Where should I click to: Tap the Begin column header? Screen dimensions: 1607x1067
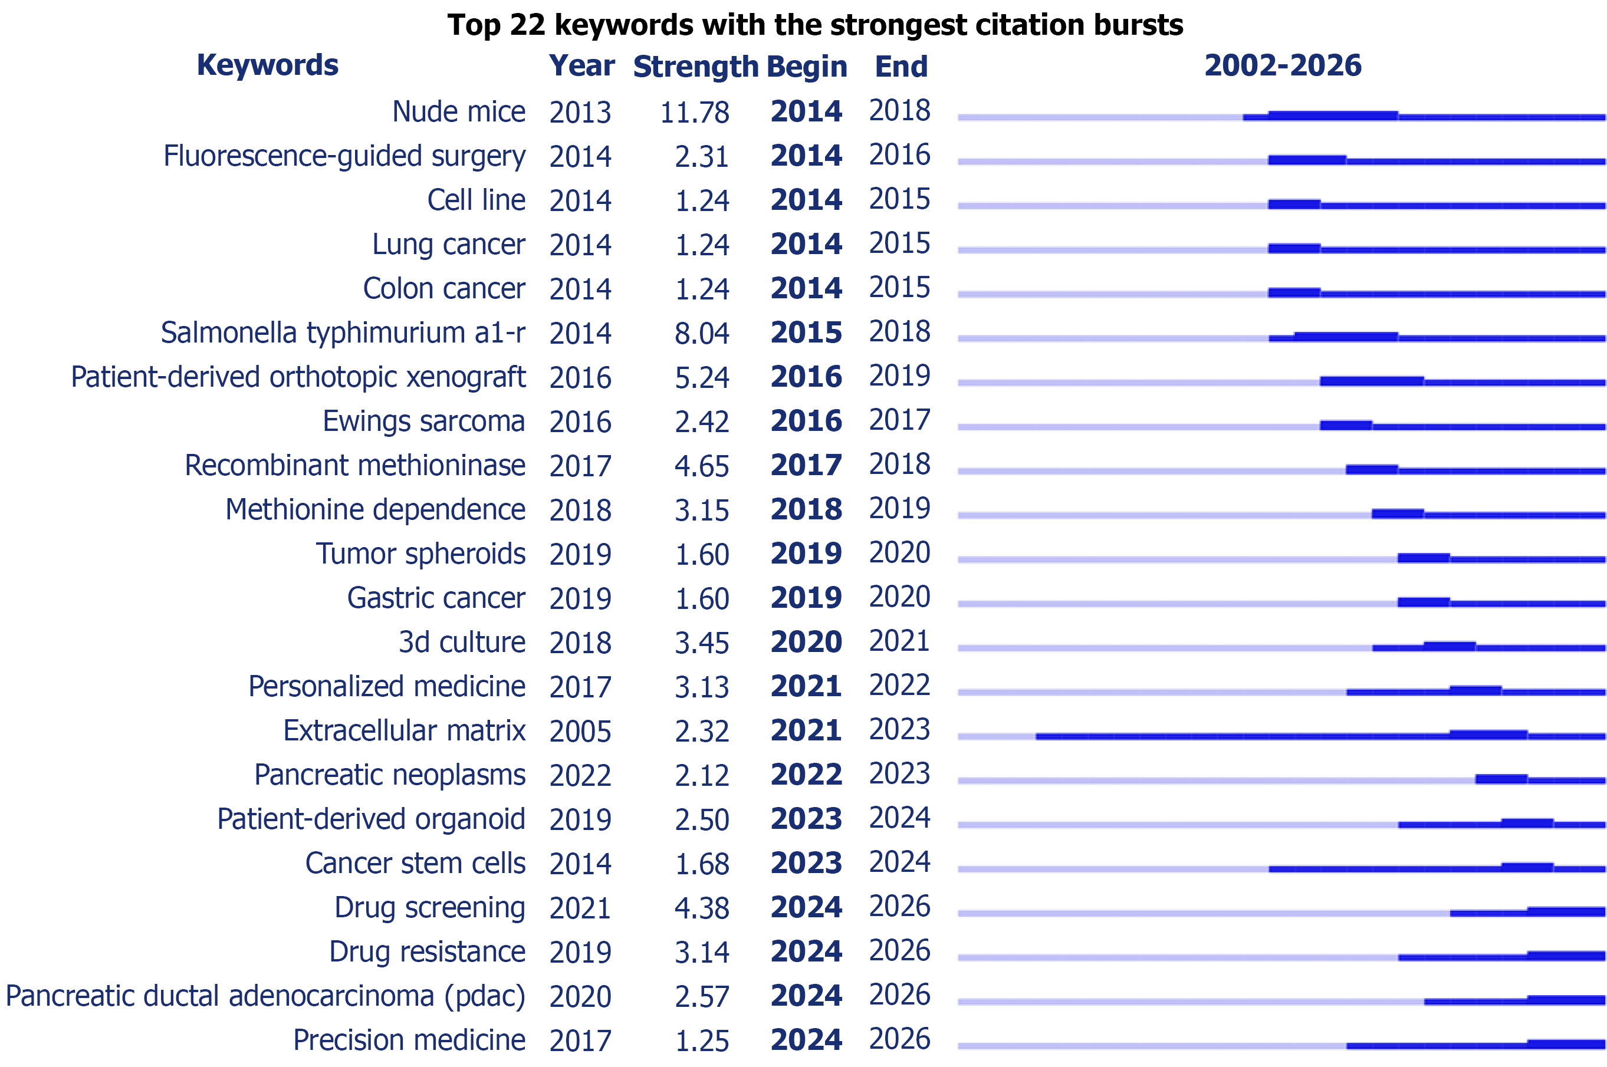pyautogui.click(x=807, y=67)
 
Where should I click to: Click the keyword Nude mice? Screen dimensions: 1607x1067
pyautogui.click(x=459, y=111)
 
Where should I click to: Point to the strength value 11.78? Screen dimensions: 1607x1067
pyautogui.click(x=694, y=112)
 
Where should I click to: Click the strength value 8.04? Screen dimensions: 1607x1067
pyautogui.click(x=702, y=334)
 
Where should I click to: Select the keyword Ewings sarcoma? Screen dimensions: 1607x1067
pyautogui.click(x=423, y=421)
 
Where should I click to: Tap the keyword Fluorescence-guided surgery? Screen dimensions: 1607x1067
pyautogui.click(x=344, y=156)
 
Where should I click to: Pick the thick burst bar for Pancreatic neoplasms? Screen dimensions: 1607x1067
pyautogui.click(x=1501, y=779)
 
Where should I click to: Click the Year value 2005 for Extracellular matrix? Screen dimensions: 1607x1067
pyautogui.click(x=581, y=732)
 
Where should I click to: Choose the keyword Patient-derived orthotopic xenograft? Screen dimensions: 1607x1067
pyautogui.click(x=298, y=378)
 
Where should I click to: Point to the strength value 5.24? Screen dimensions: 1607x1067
pyautogui.click(x=702, y=378)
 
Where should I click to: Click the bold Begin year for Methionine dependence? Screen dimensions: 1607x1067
pyautogui.click(x=807, y=510)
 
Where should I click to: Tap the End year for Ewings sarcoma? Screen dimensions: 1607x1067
pyautogui.click(x=899, y=420)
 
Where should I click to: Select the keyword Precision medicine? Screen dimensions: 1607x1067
pyautogui.click(x=409, y=1040)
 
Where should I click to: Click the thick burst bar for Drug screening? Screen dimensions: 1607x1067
pyautogui.click(x=1566, y=912)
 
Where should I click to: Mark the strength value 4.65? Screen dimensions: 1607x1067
pyautogui.click(x=702, y=466)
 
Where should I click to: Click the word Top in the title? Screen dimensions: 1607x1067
pyautogui.click(x=474, y=26)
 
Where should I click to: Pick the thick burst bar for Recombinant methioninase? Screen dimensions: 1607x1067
pyautogui.click(x=1372, y=469)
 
